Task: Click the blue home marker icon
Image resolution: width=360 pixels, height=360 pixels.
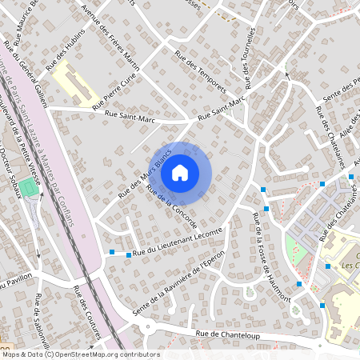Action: [180, 171]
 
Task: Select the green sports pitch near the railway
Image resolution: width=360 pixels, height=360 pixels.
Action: [29, 186]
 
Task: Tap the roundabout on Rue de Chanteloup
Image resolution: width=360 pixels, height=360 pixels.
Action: [147, 326]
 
